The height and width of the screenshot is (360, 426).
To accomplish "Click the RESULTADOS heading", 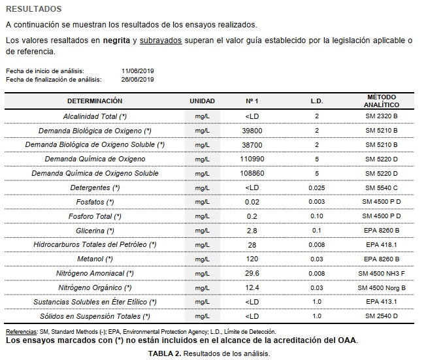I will point(33,9).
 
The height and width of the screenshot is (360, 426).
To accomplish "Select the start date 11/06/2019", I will point(137,71).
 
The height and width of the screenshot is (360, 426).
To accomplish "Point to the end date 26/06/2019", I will point(137,79).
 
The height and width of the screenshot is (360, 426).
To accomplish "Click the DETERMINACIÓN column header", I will point(95,101).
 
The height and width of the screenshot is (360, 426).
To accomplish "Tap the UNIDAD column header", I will point(202,101).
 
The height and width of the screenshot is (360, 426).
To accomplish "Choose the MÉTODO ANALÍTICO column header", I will point(382,101).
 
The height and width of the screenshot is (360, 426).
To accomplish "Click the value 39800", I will point(252,130).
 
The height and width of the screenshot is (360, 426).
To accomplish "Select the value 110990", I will point(252,159).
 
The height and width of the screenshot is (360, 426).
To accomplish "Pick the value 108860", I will point(252,173).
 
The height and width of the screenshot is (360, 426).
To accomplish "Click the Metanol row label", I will point(95,259).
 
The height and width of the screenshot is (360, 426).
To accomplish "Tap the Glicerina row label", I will point(95,230).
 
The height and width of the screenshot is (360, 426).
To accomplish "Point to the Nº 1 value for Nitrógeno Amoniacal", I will point(252,273).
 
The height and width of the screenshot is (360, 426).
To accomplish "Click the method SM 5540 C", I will point(382,188).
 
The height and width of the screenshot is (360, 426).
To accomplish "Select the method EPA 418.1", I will point(382,244).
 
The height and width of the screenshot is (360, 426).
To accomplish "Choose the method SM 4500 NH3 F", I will point(382,273).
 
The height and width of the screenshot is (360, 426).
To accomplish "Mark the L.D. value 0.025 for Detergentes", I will point(316,188).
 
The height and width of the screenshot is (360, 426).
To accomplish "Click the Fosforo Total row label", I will point(95,216).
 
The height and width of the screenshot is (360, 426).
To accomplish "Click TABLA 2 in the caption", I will point(164,353).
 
